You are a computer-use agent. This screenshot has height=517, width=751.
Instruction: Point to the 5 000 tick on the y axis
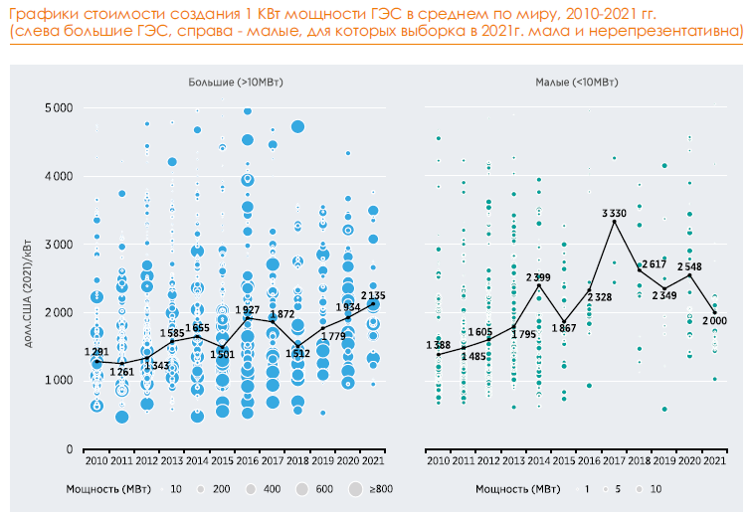pyautogui.click(x=59, y=107)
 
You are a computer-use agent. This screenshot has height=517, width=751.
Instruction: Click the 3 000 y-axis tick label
pyautogui.click(x=59, y=245)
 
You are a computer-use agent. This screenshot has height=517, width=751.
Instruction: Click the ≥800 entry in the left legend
pyautogui.click(x=381, y=489)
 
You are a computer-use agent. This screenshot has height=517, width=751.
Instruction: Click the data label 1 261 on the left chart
pyautogui.click(x=122, y=372)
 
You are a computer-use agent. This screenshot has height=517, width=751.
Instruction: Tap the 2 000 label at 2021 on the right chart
pyautogui.click(x=713, y=319)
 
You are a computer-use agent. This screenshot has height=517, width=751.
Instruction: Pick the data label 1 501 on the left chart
pyautogui.click(x=223, y=354)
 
